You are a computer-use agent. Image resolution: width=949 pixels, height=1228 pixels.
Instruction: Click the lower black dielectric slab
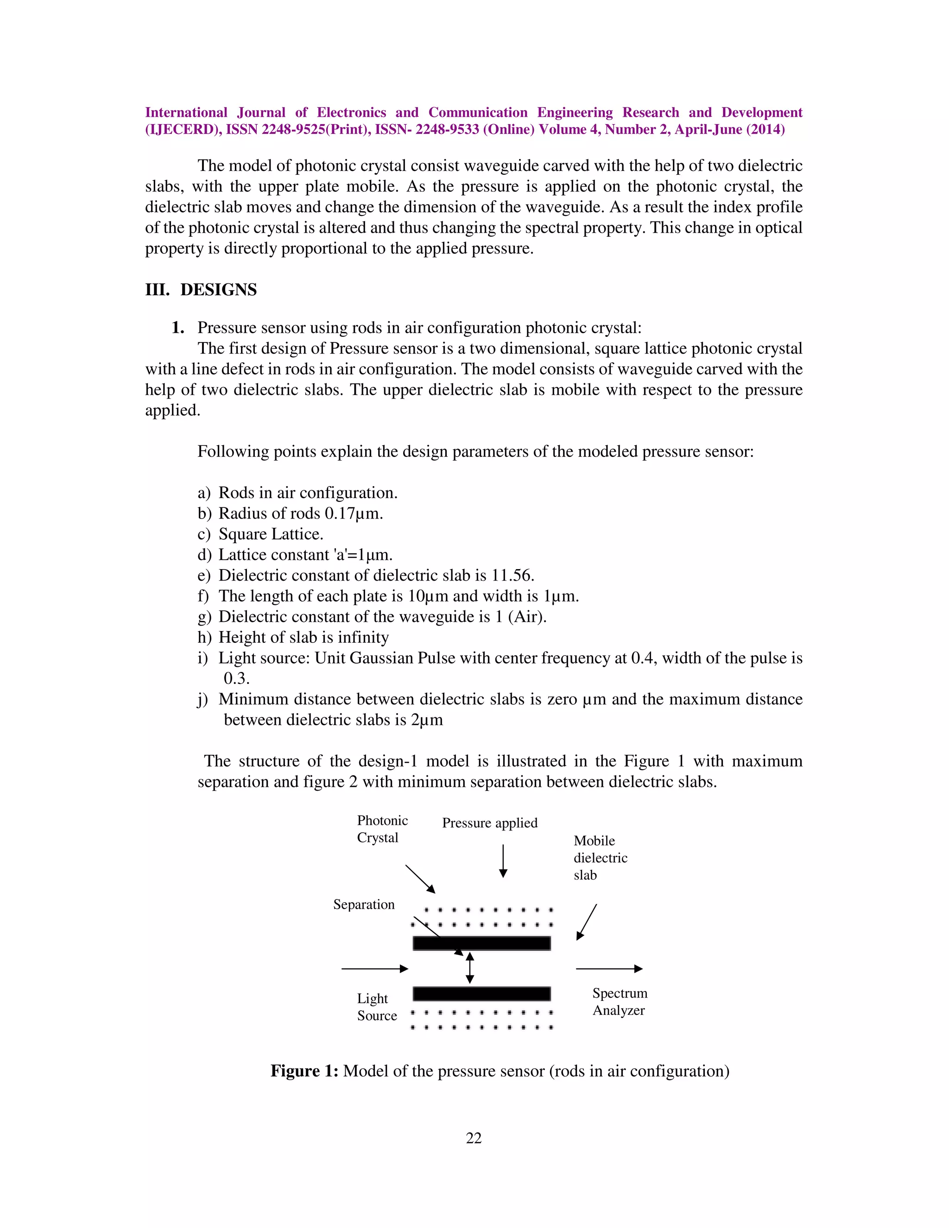click(x=481, y=994)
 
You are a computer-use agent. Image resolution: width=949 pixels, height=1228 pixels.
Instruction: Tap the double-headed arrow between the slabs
click(x=470, y=968)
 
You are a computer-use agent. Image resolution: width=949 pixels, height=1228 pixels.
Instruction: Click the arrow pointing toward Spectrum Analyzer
click(x=609, y=968)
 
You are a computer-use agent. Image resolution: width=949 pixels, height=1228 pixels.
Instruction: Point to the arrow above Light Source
click(x=374, y=968)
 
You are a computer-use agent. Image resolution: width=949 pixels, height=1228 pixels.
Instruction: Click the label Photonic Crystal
click(x=382, y=829)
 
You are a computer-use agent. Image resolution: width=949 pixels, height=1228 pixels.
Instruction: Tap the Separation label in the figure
click(x=364, y=904)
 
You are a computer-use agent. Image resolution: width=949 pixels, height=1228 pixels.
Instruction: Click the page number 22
click(x=474, y=1138)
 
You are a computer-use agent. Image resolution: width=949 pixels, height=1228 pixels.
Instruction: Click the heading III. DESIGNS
click(x=201, y=290)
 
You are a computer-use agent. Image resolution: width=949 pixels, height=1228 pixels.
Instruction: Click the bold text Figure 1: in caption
click(x=304, y=1070)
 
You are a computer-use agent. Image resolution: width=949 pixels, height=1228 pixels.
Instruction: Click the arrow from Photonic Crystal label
click(x=420, y=879)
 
